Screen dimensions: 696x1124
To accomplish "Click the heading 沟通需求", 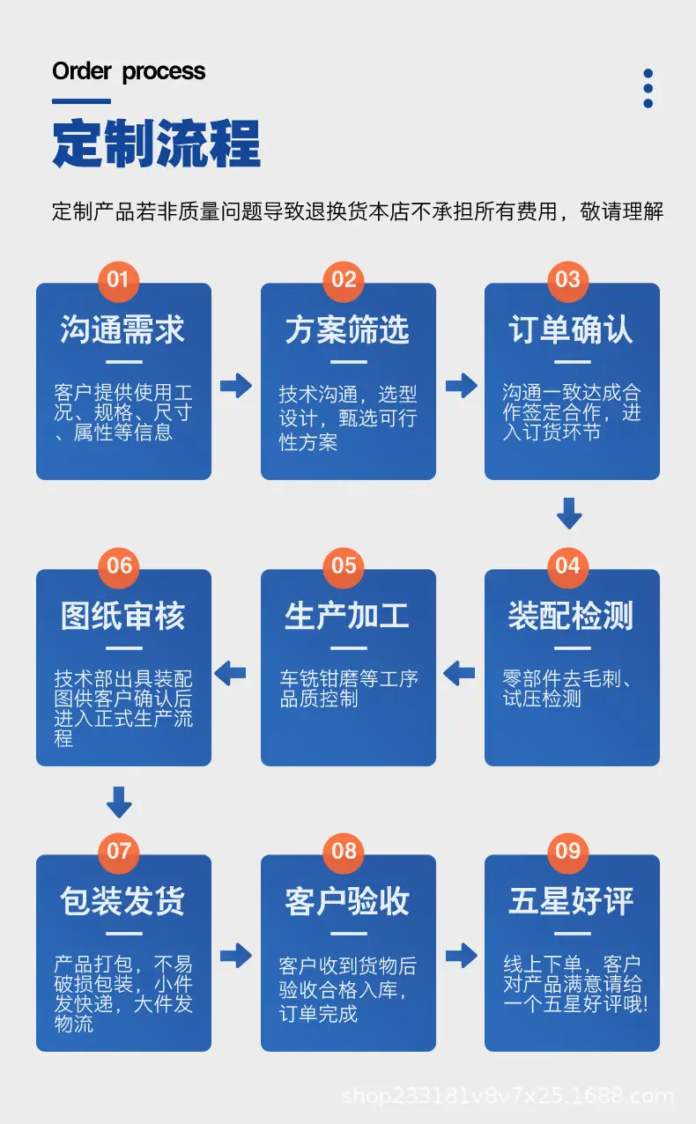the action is (123, 329).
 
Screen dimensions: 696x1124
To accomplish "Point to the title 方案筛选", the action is (347, 329).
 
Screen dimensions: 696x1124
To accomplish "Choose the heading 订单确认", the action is (571, 329).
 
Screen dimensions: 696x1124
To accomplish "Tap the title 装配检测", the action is (571, 616).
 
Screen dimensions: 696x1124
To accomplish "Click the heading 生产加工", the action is (347, 616).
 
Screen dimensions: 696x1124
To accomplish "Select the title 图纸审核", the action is (123, 616).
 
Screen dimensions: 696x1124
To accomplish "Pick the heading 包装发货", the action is (123, 901).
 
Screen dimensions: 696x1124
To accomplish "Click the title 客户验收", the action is (347, 901).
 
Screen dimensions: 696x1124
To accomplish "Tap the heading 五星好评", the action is (571, 901).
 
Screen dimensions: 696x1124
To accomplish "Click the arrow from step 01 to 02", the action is (236, 386).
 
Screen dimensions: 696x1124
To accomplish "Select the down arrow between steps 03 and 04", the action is (569, 514).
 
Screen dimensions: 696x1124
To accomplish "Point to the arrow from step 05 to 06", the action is (230, 673).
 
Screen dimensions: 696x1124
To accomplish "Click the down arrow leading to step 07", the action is (120, 802).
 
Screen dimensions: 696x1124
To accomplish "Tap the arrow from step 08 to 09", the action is (462, 956).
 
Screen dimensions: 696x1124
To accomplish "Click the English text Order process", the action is (129, 71).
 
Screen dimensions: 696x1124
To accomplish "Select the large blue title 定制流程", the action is (157, 144).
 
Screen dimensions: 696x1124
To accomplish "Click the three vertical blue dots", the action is (648, 88).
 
